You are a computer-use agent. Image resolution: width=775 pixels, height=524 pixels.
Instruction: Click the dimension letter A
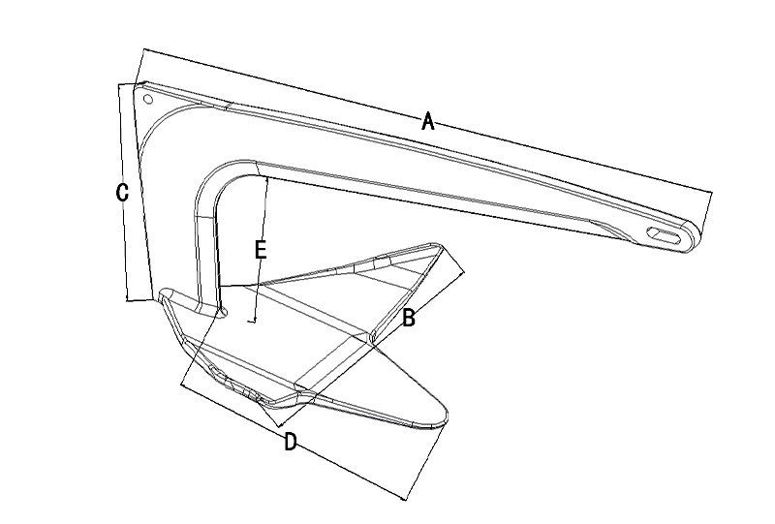tap(428, 121)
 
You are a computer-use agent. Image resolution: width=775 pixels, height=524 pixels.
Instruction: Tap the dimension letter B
tap(409, 318)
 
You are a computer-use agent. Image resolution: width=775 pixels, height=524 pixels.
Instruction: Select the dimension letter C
tap(122, 193)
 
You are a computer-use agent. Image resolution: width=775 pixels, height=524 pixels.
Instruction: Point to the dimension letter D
tap(290, 443)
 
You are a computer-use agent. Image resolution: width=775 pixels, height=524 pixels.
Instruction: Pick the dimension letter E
tap(260, 249)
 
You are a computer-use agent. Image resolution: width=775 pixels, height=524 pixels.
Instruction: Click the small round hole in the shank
tap(147, 99)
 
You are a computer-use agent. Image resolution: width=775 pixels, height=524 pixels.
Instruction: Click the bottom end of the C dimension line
tap(129, 300)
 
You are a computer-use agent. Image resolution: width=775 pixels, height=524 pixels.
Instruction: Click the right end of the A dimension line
tap(711, 193)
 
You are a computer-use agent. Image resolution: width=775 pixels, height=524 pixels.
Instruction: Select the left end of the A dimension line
tap(142, 51)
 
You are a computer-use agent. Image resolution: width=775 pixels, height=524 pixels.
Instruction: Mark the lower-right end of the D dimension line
tap(404, 499)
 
